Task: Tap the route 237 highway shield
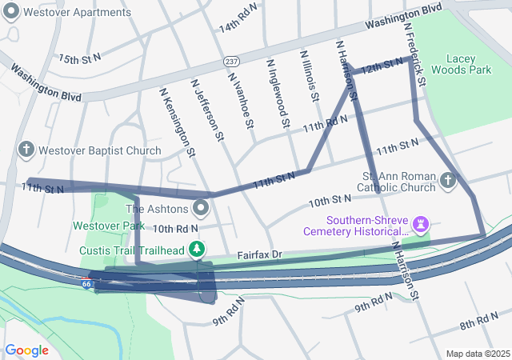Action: pos(231,62)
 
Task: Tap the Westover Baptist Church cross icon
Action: pos(26,150)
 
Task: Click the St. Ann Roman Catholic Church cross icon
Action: pos(447,182)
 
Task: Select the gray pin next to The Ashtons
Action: pos(200,210)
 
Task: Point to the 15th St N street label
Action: pos(79,58)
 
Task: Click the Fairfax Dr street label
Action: pos(260,254)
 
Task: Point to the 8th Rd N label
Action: pos(478,321)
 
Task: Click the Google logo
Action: pos(26,350)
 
